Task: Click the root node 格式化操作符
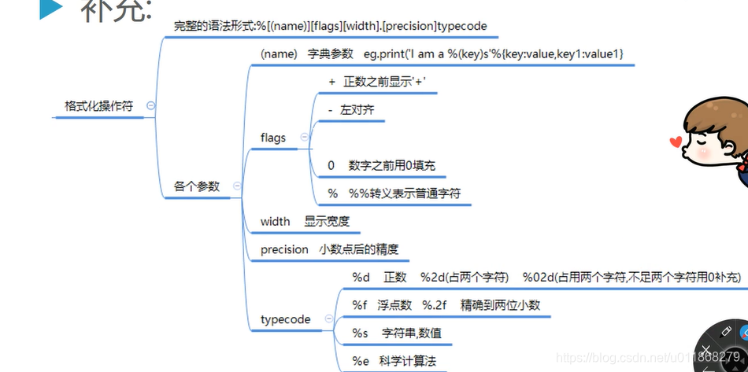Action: (98, 106)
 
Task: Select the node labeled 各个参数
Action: (197, 186)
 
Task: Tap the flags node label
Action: (273, 138)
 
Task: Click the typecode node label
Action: (285, 319)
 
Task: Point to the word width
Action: (275, 221)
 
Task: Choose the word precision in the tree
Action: (284, 249)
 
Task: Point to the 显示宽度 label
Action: (327, 221)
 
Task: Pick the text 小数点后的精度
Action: (359, 249)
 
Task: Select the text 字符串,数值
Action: (411, 333)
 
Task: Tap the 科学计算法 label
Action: (406, 361)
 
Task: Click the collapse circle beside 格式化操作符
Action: (150, 105)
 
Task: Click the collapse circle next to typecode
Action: (329, 319)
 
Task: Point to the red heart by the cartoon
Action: (674, 142)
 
